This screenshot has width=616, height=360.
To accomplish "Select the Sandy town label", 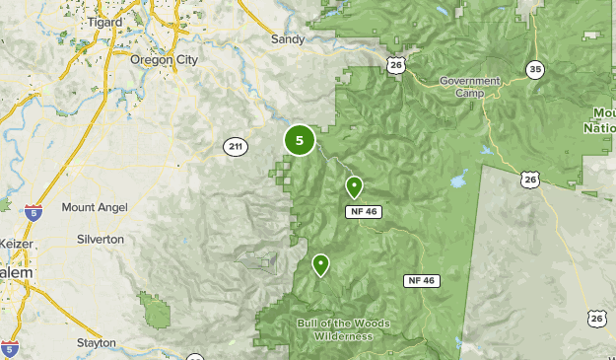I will [288, 39].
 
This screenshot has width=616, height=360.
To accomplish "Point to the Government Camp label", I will [470, 87].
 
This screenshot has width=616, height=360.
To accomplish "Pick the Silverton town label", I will [101, 240].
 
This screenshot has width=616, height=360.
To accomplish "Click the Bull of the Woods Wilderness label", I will [343, 329].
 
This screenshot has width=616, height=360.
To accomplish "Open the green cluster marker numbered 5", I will [300, 141].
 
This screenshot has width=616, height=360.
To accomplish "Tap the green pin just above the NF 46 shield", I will [354, 186].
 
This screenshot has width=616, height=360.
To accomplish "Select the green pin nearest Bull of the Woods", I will [320, 264].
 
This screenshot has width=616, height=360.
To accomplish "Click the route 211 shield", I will [234, 147].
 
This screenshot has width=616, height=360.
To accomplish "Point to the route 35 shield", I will [535, 69].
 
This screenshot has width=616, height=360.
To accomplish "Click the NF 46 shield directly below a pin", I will [363, 212].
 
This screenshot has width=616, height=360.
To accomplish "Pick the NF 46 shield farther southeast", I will [420, 281].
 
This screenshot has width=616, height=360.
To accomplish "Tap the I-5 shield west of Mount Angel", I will [34, 209].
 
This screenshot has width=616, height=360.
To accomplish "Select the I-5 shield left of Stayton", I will [9, 348].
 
